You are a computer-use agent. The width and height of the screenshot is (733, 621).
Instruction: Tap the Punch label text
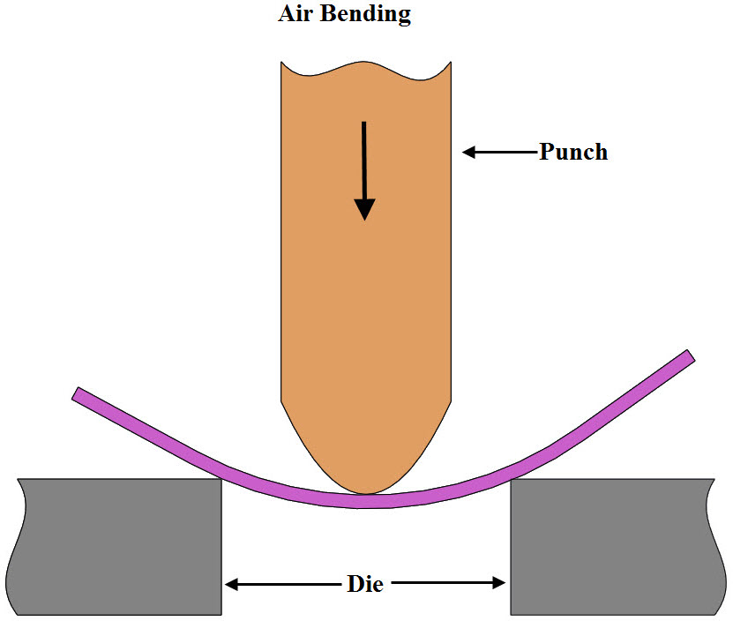coord(573,152)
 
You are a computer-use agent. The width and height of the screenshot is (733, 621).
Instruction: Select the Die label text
coord(365,583)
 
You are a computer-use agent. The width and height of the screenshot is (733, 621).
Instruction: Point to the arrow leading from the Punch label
coord(499,152)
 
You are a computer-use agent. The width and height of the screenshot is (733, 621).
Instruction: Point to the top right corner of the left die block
coord(220,480)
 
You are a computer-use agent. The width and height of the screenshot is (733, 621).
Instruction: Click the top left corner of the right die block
coord(512,480)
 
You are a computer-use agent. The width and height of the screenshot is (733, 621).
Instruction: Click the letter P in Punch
coord(547,152)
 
